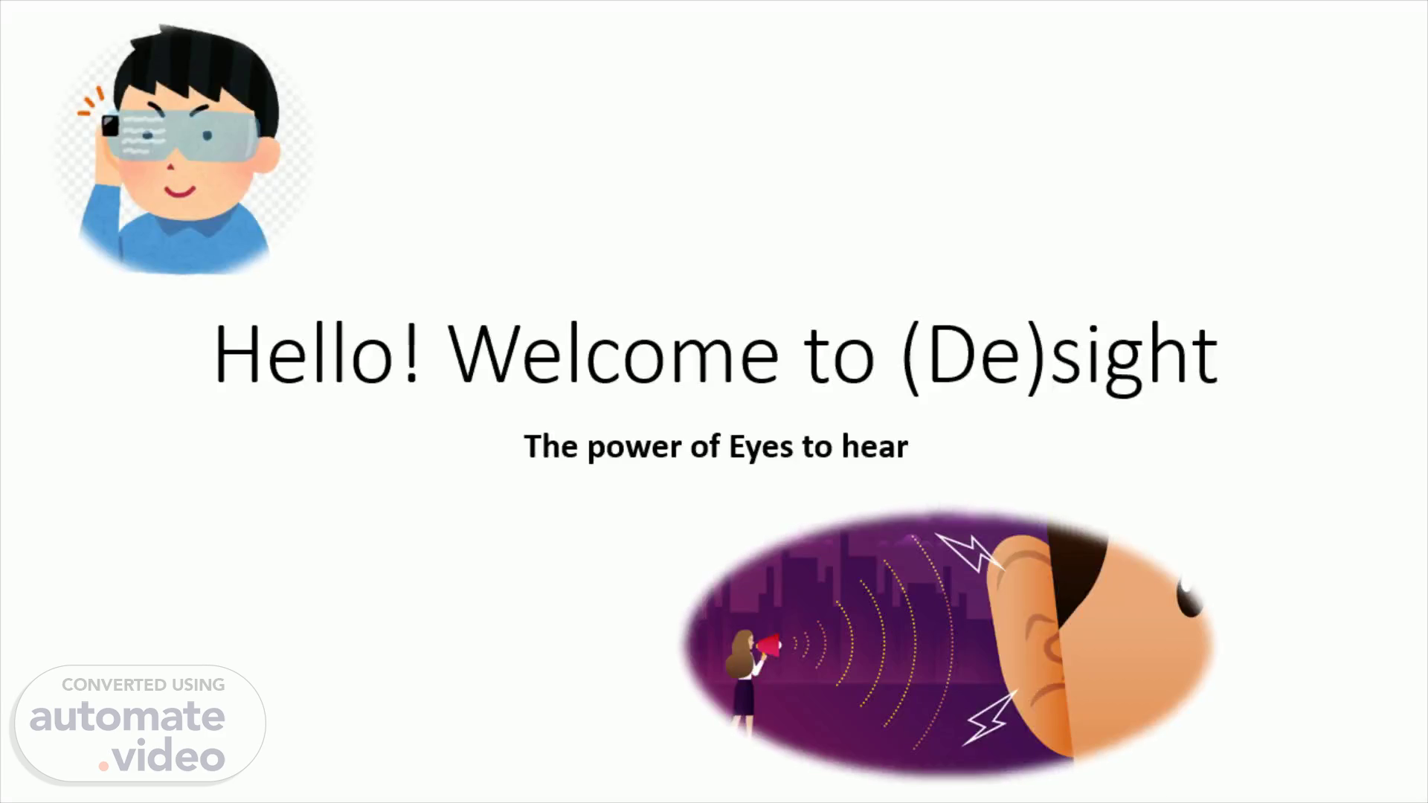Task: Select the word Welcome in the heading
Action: click(614, 354)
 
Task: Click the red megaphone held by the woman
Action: click(769, 645)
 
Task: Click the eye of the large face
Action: click(1188, 597)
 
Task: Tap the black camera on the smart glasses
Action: click(111, 126)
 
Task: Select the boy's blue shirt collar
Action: click(182, 223)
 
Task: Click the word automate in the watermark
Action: click(127, 716)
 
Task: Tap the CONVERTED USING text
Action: click(143, 685)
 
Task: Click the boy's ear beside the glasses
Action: click(267, 155)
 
